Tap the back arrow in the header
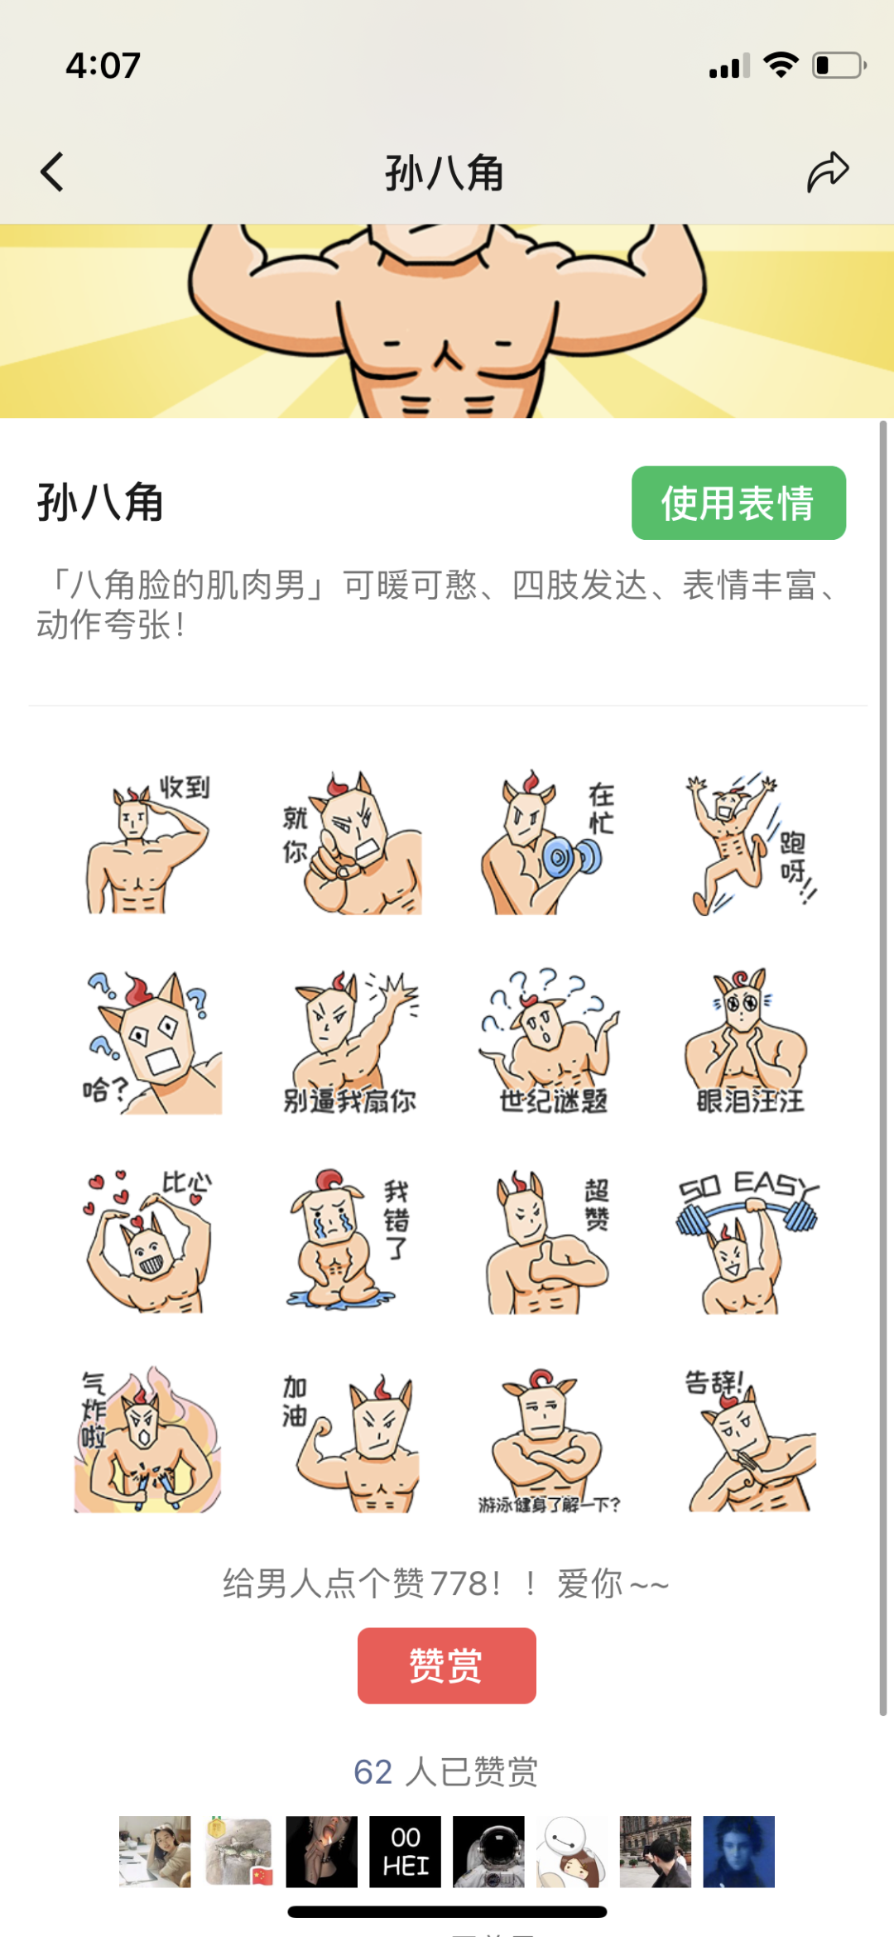[52, 172]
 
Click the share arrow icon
[828, 172]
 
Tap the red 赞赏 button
[447, 1665]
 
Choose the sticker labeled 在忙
[547, 843]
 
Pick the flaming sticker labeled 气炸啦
[147, 1439]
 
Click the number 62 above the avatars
[372, 1772]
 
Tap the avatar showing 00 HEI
[405, 1852]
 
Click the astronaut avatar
[488, 1852]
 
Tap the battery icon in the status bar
[839, 65]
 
